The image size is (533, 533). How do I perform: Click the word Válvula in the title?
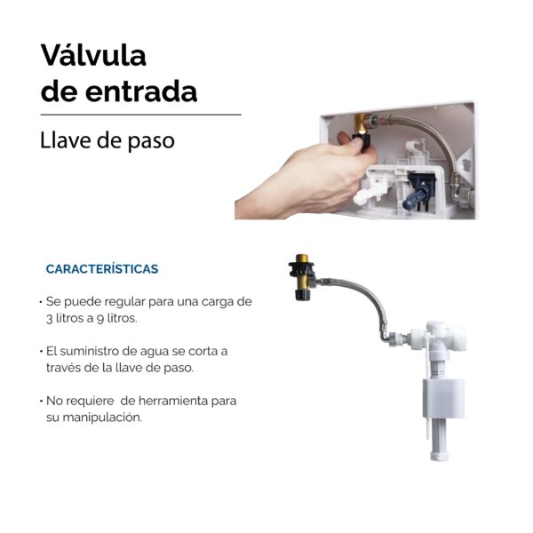[93, 55]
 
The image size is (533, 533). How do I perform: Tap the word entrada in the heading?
[141, 91]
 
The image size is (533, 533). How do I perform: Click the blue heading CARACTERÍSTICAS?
[102, 268]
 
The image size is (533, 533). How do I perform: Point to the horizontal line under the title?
[140, 115]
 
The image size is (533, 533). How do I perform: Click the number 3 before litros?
[49, 319]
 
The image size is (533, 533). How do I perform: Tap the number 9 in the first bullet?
[100, 319]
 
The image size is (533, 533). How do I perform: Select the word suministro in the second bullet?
[90, 351]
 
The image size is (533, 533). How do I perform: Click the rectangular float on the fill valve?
[443, 398]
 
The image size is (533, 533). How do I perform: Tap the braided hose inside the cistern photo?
[439, 136]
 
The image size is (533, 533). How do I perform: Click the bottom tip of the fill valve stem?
[439, 459]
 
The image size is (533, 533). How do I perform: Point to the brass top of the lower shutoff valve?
[301, 259]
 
